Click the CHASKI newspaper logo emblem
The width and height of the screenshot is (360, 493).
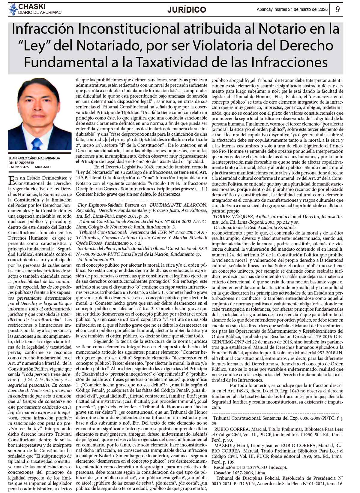click(13, 9)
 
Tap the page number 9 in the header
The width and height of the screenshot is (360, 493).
click(337, 10)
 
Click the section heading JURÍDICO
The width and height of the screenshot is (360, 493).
click(187, 10)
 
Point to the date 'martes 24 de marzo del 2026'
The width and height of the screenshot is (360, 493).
click(297, 9)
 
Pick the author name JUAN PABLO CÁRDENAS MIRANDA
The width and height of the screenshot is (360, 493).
click(34, 158)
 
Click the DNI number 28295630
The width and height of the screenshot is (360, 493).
click(25, 163)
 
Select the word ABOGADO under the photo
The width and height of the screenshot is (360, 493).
click(43, 167)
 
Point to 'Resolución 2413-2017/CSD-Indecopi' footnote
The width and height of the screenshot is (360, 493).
click(250, 467)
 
